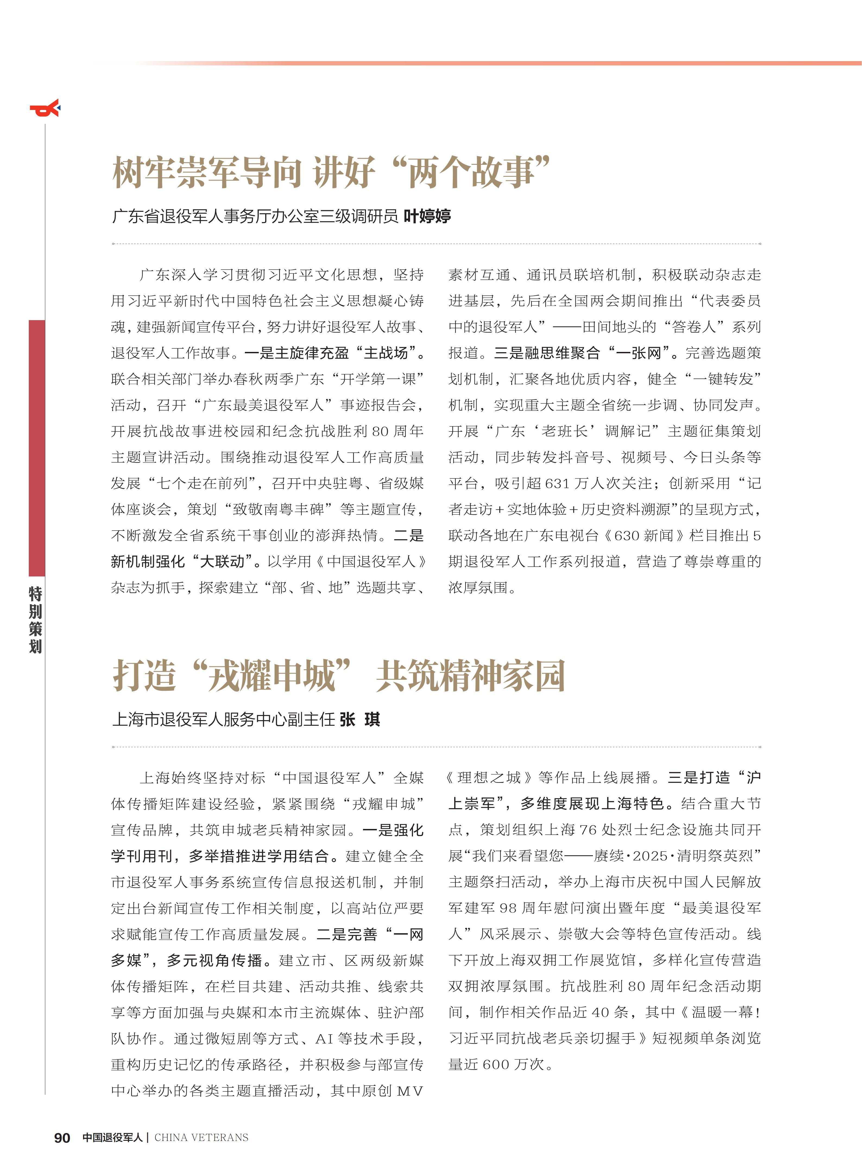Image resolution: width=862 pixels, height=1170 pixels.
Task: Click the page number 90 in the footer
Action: pos(62,1138)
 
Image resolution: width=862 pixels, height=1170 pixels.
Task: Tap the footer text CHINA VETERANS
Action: pos(201,1138)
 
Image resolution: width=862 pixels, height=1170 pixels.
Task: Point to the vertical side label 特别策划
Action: pos(36,620)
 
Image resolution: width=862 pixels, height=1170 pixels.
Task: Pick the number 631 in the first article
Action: pos(557,484)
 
